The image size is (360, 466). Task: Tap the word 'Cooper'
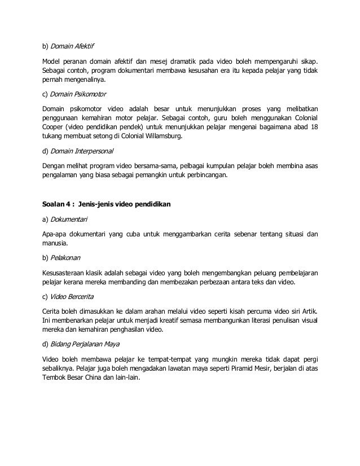pos(55,128)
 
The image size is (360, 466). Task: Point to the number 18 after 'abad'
pos(314,128)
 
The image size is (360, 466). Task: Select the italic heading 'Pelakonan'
pos(66,257)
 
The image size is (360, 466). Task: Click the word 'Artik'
pos(306,311)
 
